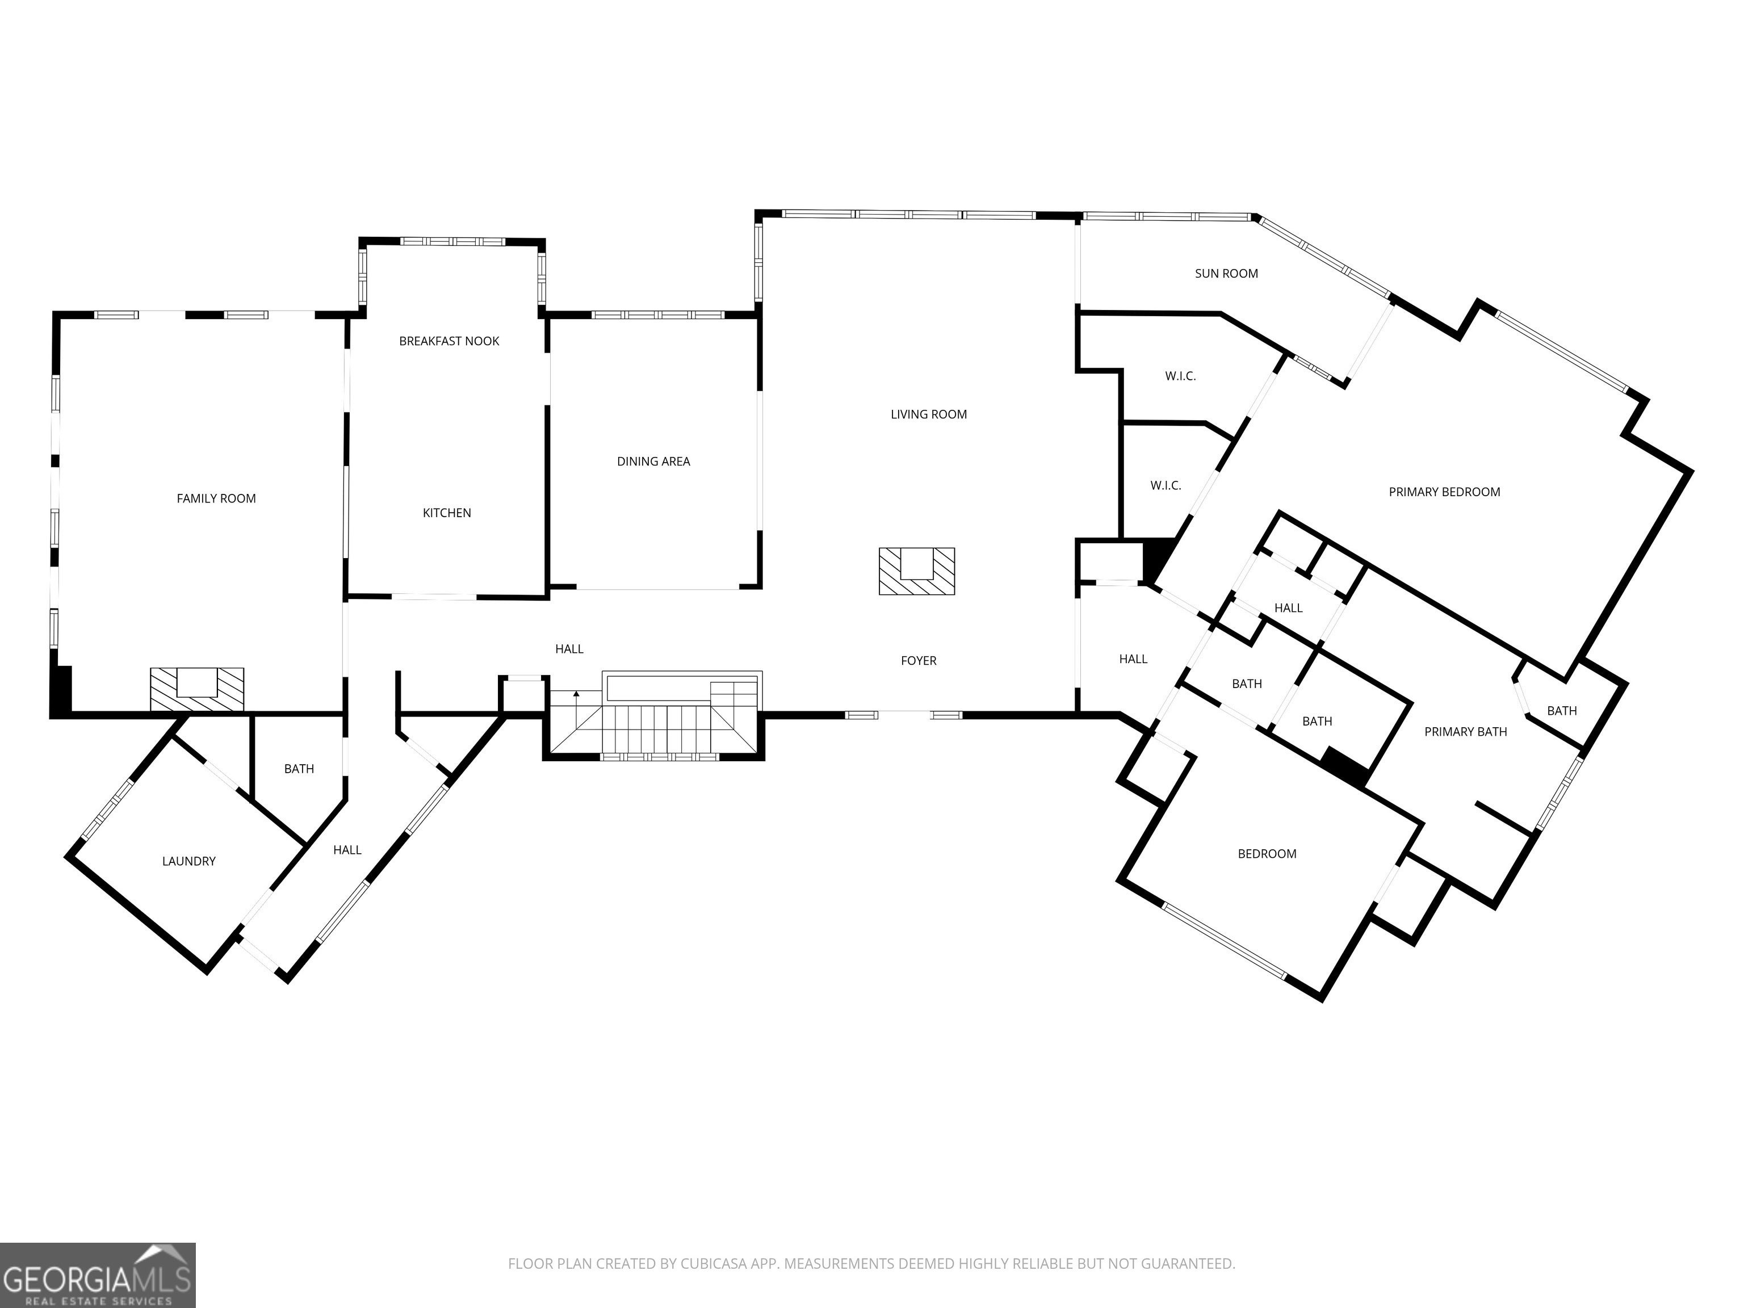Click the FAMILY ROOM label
(x=216, y=498)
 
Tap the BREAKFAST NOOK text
(x=450, y=341)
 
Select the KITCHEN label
(x=447, y=513)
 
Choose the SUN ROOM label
(x=1227, y=274)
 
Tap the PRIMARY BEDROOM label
(x=1444, y=492)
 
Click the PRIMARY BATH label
(x=1466, y=732)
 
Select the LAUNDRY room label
(x=188, y=862)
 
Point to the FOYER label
(x=919, y=661)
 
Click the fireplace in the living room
(x=917, y=571)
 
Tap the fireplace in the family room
(x=197, y=689)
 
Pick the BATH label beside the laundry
(x=299, y=769)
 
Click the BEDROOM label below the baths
(x=1267, y=854)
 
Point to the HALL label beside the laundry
(x=347, y=850)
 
